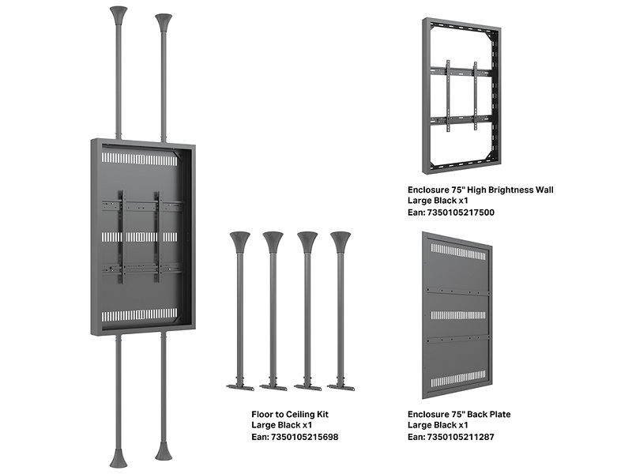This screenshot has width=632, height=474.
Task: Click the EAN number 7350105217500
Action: click(461, 213)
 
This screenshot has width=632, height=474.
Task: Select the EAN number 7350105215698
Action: click(304, 437)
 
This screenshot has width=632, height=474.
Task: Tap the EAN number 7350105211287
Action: click(461, 437)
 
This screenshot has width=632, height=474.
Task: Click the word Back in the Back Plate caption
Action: click(478, 414)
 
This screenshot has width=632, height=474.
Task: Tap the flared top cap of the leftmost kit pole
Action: click(240, 241)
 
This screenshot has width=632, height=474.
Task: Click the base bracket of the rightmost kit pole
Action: click(340, 387)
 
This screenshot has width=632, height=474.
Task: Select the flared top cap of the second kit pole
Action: click(273, 241)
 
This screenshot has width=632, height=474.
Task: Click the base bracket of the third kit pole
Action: click(307, 387)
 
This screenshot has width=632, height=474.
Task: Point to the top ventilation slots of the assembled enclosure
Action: click(139, 160)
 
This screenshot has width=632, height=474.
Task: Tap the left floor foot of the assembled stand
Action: click(118, 457)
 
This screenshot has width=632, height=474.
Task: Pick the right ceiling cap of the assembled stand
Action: click(164, 24)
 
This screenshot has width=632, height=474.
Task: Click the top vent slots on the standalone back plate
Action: click(458, 250)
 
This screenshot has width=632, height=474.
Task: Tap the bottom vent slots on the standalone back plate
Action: click(458, 382)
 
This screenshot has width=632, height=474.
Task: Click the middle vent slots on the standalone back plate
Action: click(458, 314)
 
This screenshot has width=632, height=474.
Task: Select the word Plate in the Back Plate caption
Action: click(500, 414)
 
